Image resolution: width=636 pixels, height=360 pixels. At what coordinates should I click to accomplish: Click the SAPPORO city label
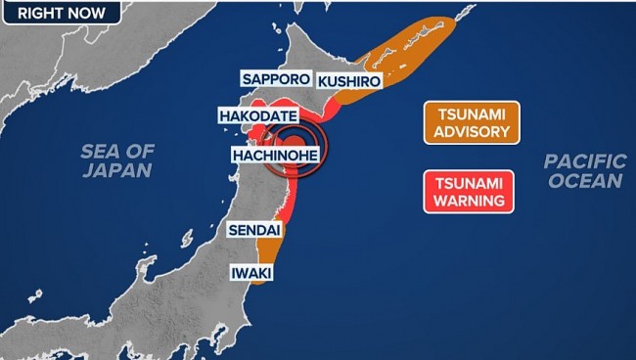pos(276,79)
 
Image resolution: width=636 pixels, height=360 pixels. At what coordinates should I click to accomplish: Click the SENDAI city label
pos(254,231)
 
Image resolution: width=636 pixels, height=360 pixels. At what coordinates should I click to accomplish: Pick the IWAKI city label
pos(250,271)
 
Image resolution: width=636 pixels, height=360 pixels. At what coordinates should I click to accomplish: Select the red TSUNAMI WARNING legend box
pos(469,190)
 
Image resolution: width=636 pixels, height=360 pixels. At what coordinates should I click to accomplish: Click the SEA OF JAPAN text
pos(117,159)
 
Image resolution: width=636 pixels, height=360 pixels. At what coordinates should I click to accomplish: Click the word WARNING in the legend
pos(469,200)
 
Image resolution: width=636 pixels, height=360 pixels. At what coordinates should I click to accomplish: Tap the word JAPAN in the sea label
pos(117,170)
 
